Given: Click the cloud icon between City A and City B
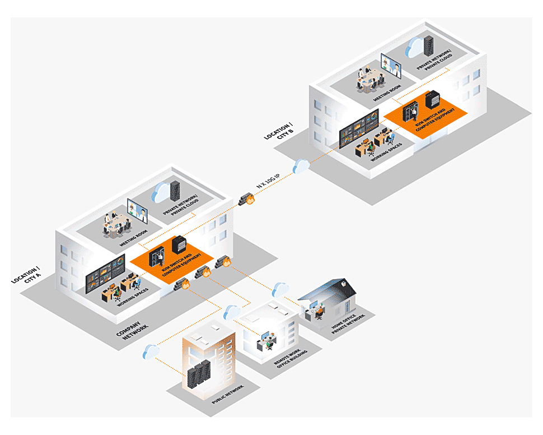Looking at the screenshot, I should tap(301, 165).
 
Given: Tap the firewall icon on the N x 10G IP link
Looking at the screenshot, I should tap(247, 199).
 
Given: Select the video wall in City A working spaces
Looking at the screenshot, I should tap(106, 275).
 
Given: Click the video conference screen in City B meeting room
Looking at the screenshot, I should tap(391, 66).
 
